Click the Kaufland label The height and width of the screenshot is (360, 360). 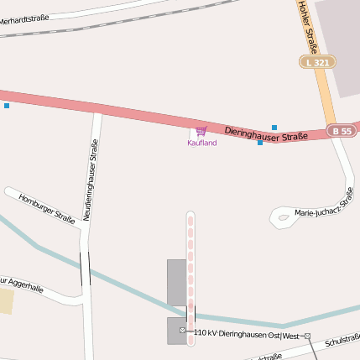coord(201,143)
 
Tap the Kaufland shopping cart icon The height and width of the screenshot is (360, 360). coord(201,131)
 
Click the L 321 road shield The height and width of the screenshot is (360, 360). coord(318,62)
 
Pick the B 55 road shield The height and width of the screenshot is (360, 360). coord(342,131)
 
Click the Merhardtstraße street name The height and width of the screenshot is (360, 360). coord(25,17)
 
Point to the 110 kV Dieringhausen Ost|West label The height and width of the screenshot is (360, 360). coord(246,334)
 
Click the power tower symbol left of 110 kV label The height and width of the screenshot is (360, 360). coord(183,331)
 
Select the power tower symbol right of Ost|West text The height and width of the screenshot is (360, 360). coord(307,337)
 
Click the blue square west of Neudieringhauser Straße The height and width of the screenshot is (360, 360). coord(7,106)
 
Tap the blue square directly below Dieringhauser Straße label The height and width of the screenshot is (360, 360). coord(260,143)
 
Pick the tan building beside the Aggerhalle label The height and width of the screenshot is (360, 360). coord(7,300)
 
